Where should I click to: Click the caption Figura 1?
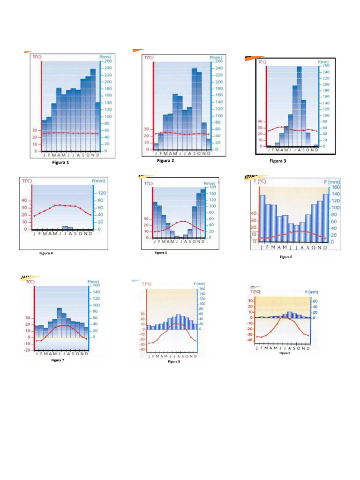(x=60, y=163)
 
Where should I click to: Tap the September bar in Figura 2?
(x=194, y=108)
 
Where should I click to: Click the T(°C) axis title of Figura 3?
(x=262, y=61)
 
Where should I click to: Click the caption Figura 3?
(x=277, y=161)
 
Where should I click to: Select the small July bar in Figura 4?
(x=65, y=228)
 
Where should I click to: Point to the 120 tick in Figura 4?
(x=101, y=193)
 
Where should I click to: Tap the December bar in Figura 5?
(x=203, y=213)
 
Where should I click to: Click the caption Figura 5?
(x=160, y=253)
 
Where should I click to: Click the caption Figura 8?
(x=174, y=362)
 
